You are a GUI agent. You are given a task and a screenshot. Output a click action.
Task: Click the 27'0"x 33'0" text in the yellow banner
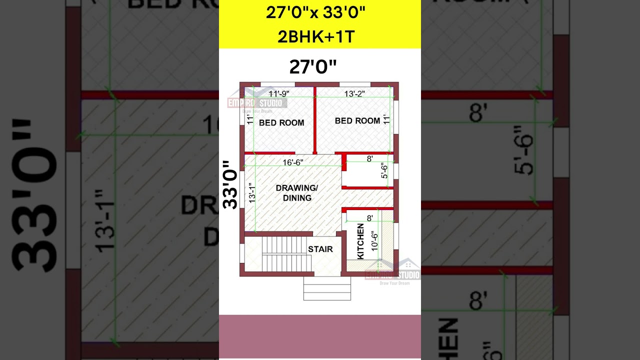(315, 12)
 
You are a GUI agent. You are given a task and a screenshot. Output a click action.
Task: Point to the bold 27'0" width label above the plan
(313, 67)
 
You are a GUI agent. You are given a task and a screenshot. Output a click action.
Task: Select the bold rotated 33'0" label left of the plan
(230, 184)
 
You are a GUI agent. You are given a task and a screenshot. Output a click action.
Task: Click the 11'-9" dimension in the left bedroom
(278, 93)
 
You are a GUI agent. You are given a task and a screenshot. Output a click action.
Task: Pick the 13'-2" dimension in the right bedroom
(354, 93)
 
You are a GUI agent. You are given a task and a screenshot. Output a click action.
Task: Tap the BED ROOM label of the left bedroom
(281, 122)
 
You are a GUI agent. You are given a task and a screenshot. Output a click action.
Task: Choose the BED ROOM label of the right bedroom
(357, 120)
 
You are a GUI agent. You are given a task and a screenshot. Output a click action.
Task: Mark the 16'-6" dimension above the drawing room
(293, 162)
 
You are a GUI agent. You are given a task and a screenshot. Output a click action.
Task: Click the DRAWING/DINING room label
(297, 193)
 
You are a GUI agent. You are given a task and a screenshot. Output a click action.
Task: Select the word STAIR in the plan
(320, 249)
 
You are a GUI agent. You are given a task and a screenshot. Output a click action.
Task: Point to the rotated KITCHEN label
(360, 241)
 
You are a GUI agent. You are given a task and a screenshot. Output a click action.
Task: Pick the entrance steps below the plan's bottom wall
(327, 288)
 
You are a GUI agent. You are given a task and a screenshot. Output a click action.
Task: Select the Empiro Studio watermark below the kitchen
(393, 274)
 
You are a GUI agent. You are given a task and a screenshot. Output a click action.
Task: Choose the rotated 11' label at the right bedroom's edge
(386, 120)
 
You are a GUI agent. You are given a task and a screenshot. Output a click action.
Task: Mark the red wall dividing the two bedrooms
(315, 120)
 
